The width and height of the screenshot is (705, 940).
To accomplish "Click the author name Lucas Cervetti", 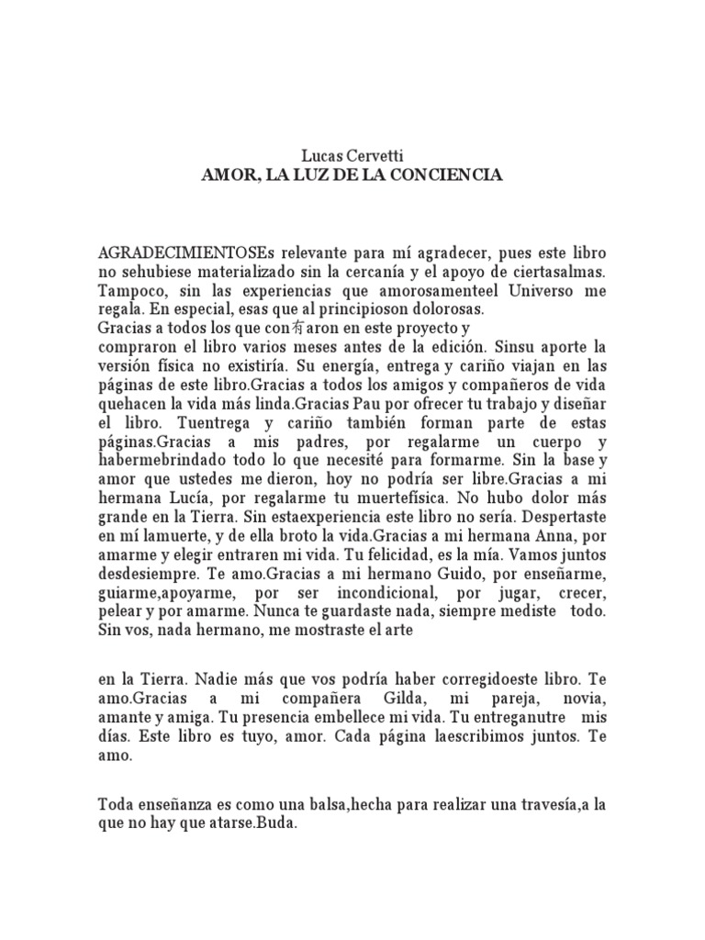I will (x=352, y=157).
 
